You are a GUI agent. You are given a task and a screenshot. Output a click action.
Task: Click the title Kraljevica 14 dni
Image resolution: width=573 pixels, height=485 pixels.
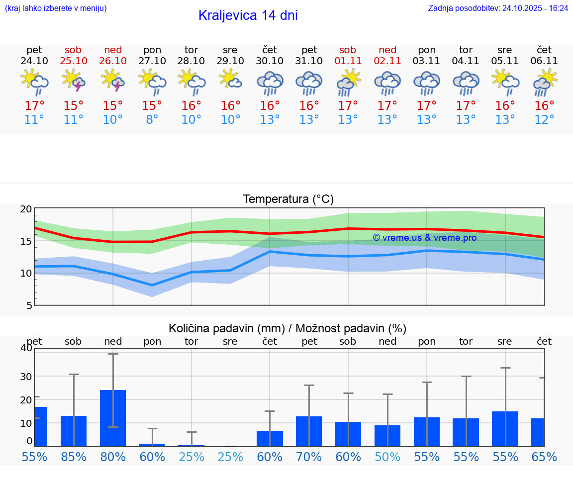coord(248,15)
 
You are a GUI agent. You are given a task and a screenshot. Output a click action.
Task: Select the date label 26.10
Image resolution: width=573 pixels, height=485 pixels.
coord(113,61)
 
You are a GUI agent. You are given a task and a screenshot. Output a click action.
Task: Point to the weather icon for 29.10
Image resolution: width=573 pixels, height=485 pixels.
coord(230,79)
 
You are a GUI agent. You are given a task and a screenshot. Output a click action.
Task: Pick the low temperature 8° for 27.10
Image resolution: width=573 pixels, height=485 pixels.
coord(152,120)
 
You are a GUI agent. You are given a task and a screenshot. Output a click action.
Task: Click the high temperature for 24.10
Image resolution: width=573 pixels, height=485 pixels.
coord(34,106)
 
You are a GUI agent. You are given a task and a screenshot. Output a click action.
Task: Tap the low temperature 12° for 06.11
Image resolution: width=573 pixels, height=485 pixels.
coord(544,120)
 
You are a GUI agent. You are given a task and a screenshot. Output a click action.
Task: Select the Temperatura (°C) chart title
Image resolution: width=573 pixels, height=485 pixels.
coord(288,199)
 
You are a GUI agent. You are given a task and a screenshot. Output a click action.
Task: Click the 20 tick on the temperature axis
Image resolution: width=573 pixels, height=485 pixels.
coord(26,209)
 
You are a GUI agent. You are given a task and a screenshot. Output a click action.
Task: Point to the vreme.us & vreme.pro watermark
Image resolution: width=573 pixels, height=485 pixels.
coord(424,238)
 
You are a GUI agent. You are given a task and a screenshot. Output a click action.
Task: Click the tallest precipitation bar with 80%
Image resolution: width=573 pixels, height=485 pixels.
coord(113,418)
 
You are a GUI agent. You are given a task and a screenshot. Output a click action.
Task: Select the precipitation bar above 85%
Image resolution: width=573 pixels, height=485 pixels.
coord(74,431)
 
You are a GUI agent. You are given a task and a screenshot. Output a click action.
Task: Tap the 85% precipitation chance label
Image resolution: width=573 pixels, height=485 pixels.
coord(74,457)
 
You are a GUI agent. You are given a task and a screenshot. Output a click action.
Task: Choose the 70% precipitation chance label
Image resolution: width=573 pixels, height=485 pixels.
coord(309,457)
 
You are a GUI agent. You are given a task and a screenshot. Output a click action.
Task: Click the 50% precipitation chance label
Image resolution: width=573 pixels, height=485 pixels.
coord(387,457)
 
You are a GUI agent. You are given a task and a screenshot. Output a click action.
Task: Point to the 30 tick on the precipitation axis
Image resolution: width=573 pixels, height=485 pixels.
coord(26,376)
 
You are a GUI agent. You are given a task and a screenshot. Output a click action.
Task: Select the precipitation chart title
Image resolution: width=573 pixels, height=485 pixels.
coord(287,328)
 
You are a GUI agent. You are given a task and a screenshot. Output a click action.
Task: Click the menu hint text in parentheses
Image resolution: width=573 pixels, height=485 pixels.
coord(56,8)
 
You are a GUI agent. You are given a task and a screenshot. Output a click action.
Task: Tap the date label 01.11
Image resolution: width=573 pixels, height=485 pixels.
coord(348,61)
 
